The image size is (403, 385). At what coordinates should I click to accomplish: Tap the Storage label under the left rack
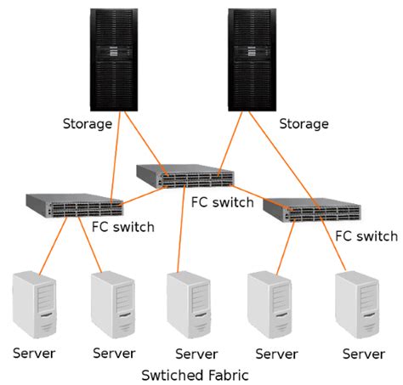88,124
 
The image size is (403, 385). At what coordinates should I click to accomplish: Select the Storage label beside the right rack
304,124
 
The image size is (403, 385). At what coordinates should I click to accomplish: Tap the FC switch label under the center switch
222,202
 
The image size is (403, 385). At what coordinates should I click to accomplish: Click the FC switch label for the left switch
122,227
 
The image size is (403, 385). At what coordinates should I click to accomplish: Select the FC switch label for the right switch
366,235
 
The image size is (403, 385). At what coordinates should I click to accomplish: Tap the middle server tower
188,304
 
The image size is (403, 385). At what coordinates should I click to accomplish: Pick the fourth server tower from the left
269,303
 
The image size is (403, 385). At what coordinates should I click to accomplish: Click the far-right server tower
356,303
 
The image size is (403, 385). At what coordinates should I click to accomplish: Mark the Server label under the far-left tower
34,353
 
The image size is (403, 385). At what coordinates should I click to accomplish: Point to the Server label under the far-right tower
362,353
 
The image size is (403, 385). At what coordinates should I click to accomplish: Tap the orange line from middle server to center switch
181,229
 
